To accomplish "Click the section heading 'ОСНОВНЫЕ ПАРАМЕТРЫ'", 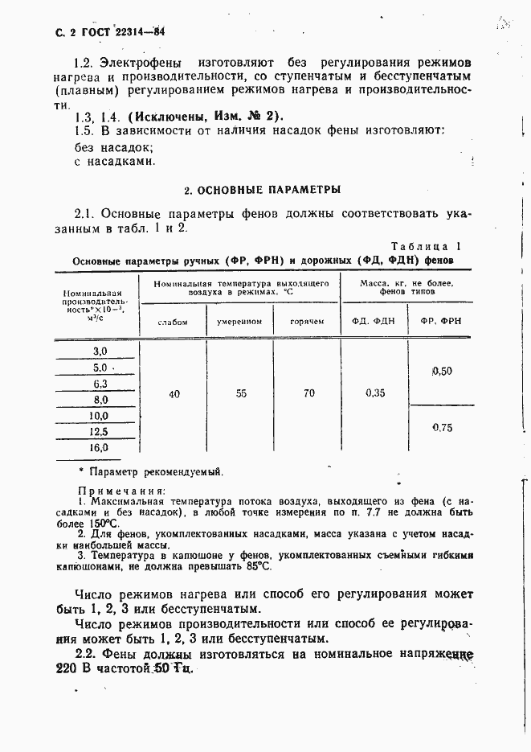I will (x=263, y=191).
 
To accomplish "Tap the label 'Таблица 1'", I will (x=426, y=247).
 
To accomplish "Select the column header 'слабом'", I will (x=173, y=322).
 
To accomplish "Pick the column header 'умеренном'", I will (x=239, y=322).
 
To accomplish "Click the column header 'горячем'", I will (x=308, y=322).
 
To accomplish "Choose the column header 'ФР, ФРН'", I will (x=441, y=322).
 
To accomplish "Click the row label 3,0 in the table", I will (x=100, y=351).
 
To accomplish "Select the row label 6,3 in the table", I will (x=100, y=384).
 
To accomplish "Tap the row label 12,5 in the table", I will (x=100, y=432).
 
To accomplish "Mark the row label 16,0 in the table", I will (x=100, y=447).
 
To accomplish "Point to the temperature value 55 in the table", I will (x=240, y=394).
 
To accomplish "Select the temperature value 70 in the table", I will (x=308, y=394).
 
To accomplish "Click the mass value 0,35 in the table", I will (x=374, y=394).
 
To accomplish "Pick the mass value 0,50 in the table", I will (x=442, y=371).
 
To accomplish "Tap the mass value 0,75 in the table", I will (x=442, y=428).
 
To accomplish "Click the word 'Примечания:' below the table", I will (x=121, y=490).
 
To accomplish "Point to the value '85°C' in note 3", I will (x=258, y=567).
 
